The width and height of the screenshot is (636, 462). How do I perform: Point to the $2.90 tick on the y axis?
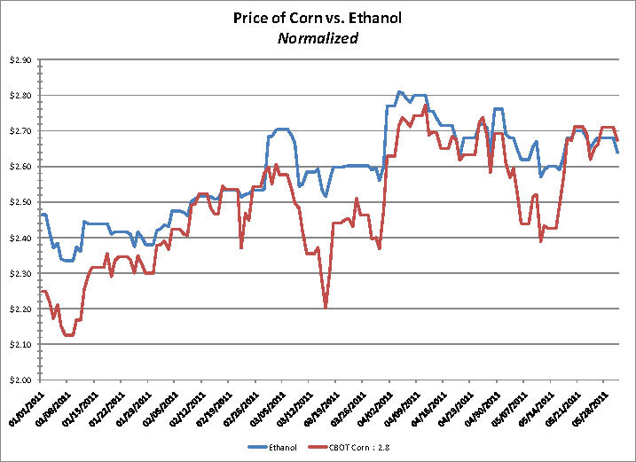pos(19,59)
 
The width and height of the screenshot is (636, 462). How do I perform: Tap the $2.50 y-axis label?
pos(19,202)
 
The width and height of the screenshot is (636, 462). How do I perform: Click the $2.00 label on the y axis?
pos(19,380)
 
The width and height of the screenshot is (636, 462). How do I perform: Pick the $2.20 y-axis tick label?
pos(19,309)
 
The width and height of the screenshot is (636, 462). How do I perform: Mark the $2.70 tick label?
pos(19,130)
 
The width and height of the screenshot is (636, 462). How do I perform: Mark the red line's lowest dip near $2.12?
pos(68,336)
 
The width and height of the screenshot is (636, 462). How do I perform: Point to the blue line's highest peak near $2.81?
pos(399,91)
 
